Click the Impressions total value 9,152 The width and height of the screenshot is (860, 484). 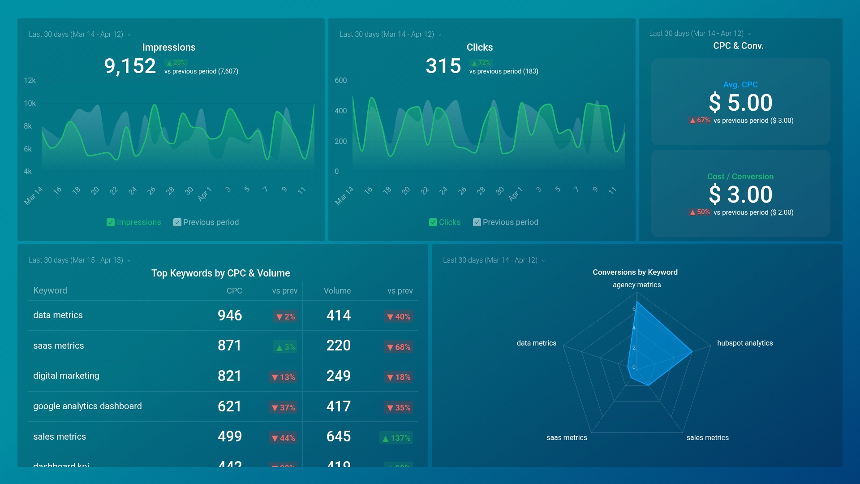(x=130, y=66)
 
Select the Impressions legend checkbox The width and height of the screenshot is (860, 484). (x=111, y=222)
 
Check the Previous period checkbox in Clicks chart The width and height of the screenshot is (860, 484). (x=477, y=222)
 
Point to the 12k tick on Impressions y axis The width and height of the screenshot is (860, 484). (x=30, y=81)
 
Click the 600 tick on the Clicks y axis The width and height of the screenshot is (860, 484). (x=340, y=81)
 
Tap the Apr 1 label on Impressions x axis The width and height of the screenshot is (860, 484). (x=204, y=194)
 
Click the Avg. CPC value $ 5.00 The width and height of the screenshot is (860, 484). (x=740, y=103)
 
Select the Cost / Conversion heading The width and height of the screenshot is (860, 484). (x=740, y=177)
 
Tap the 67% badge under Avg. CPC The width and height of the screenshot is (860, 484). (x=700, y=120)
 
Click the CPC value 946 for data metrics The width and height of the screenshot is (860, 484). (x=230, y=315)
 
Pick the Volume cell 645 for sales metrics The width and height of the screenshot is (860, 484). (x=339, y=436)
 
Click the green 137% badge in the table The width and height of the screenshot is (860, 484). (x=396, y=438)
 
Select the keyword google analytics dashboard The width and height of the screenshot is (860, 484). (x=87, y=406)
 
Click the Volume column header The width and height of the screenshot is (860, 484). (x=337, y=291)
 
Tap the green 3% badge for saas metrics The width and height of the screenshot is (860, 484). (x=285, y=347)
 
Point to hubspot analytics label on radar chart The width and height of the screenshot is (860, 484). (x=745, y=343)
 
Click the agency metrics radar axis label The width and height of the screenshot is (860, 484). (x=636, y=285)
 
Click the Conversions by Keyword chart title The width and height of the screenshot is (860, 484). (x=635, y=272)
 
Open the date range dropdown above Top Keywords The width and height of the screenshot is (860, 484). (x=80, y=260)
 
